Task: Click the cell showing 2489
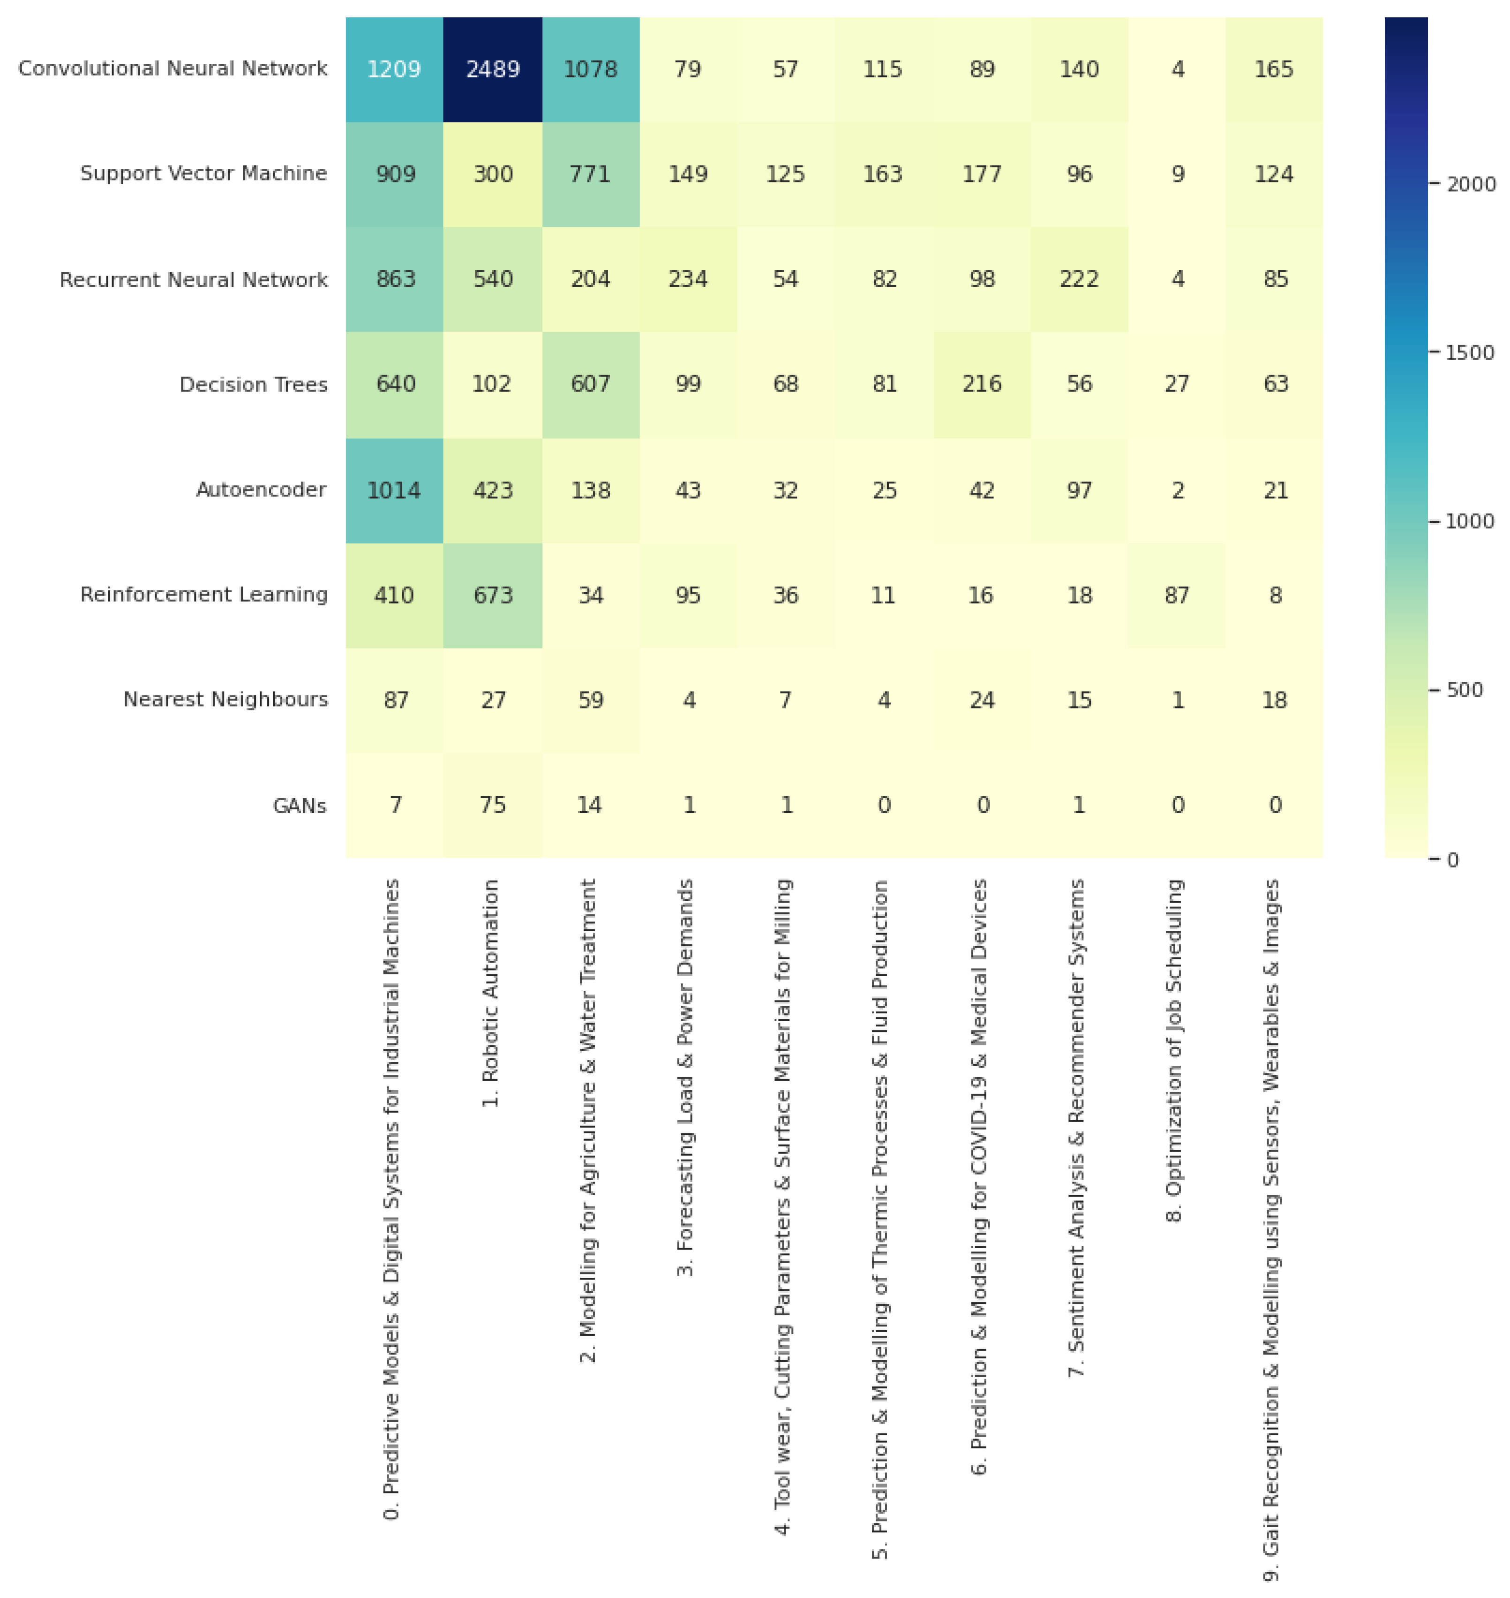point(493,69)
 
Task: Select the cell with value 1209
point(394,69)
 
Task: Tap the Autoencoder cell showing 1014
point(394,490)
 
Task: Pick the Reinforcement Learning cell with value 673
point(493,595)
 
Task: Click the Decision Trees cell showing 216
point(981,384)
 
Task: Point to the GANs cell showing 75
point(493,805)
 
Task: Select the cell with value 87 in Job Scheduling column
point(1177,595)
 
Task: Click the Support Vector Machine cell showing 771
point(590,174)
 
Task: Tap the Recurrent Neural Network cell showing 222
point(1079,279)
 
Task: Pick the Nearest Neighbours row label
point(225,700)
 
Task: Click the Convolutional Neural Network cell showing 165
point(1274,69)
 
